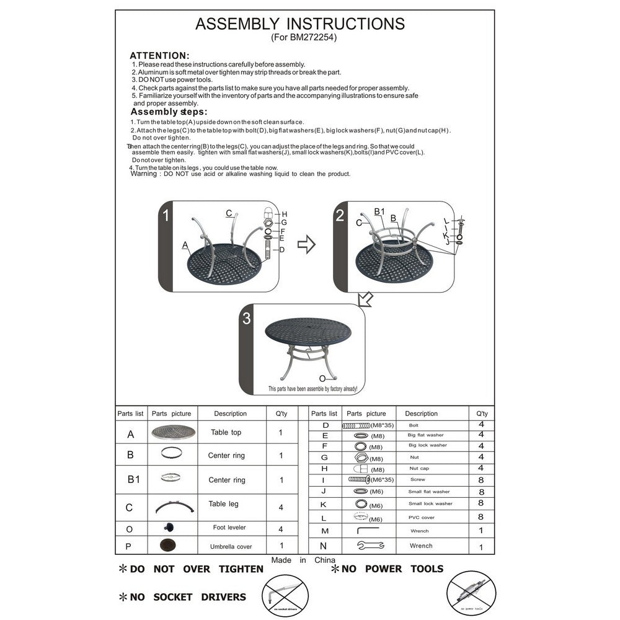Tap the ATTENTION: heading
click(159, 55)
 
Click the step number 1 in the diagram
click(166, 216)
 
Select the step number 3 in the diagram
click(247, 319)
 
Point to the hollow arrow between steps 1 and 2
click(306, 245)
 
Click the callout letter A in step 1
click(185, 246)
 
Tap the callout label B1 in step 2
click(379, 212)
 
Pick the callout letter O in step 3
click(322, 378)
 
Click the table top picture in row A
click(172, 432)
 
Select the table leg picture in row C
click(172, 505)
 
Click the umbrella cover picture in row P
click(167, 546)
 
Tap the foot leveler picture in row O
click(168, 527)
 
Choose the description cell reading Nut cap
click(419, 469)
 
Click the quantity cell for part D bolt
click(481, 425)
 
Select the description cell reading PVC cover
click(421, 517)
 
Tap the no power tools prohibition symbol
click(471, 594)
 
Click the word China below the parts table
click(325, 560)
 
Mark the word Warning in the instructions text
click(144, 174)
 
